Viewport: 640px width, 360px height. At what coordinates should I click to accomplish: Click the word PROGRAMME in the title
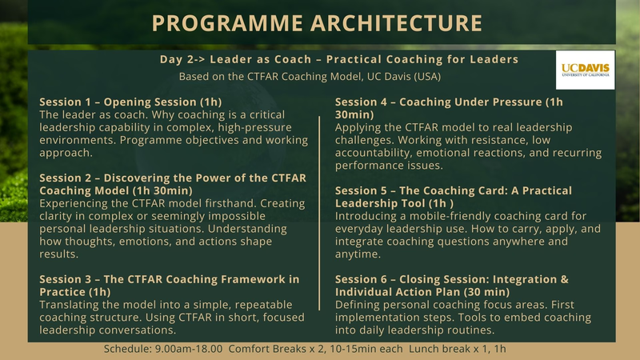coord(221,23)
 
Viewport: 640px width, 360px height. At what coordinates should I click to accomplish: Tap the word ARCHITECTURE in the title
coord(394,23)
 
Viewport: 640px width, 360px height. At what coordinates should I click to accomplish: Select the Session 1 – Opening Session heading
coord(130,102)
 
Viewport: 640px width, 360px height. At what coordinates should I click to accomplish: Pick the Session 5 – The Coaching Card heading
coord(453,197)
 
